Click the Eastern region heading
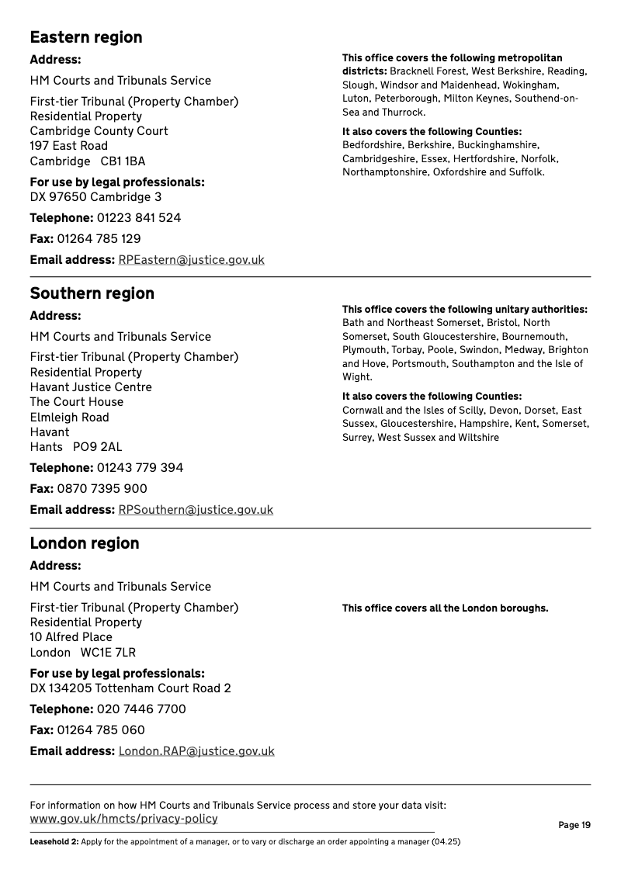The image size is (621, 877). pyautogui.click(x=86, y=37)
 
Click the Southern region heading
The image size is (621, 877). pyautogui.click(x=92, y=293)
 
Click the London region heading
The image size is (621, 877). pyautogui.click(x=85, y=543)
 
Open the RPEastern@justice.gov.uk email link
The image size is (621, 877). pyautogui.click(x=191, y=260)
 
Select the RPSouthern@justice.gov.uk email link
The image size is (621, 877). pyautogui.click(x=196, y=510)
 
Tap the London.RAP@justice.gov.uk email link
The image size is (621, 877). pyautogui.click(x=196, y=751)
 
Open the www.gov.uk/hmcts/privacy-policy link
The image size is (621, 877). pyautogui.click(x=123, y=819)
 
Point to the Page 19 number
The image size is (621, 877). pyautogui.click(x=574, y=825)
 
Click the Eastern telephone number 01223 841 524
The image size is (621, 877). pyautogui.click(x=139, y=218)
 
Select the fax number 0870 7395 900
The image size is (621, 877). pyautogui.click(x=102, y=489)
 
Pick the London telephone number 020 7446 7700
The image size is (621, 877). pyautogui.click(x=141, y=709)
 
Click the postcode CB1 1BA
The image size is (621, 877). pyautogui.click(x=123, y=161)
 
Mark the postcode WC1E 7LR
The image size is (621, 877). pyautogui.click(x=108, y=653)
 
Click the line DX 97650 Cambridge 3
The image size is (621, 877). pyautogui.click(x=95, y=197)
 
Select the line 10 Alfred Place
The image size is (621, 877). pyautogui.click(x=71, y=637)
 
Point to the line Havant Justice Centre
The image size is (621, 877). pyautogui.click(x=91, y=387)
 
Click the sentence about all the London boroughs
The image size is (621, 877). pyautogui.click(x=445, y=608)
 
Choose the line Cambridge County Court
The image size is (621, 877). pyautogui.click(x=99, y=131)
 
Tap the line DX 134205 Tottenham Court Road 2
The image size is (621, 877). pyautogui.click(x=130, y=688)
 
